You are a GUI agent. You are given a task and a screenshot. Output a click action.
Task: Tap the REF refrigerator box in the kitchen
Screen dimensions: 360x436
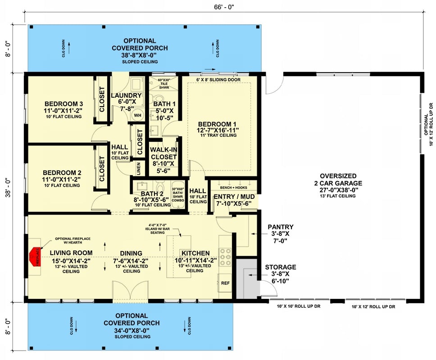point(225,283)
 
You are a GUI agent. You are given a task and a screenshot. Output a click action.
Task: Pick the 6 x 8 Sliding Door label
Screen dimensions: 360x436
point(218,80)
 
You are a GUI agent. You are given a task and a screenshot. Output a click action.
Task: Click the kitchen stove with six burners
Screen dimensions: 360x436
point(225,258)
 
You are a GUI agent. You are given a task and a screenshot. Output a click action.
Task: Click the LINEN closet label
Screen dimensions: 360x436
point(138,169)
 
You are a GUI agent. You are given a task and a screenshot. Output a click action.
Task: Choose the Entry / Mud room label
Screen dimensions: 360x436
point(235,200)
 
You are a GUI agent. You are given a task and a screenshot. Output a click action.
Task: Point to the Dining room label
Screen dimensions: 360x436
point(131,253)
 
